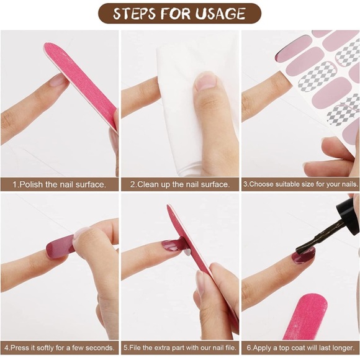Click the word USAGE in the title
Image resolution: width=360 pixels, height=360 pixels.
click(220, 14)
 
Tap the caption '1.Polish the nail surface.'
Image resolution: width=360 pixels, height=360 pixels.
click(59, 184)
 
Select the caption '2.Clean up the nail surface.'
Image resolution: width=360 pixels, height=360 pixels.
click(180, 184)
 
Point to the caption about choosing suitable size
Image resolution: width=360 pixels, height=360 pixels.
click(300, 184)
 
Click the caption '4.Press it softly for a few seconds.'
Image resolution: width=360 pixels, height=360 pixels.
click(59, 348)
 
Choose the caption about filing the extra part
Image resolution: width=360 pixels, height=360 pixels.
click(180, 348)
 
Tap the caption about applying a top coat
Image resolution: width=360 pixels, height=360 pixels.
click(300, 348)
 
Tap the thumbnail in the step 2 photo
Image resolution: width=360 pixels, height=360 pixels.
click(205, 80)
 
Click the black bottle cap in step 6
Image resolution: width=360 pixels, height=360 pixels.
click(348, 214)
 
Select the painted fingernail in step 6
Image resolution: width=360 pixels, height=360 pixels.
click(303, 256)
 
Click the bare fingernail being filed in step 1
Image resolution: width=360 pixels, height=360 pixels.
click(57, 80)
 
